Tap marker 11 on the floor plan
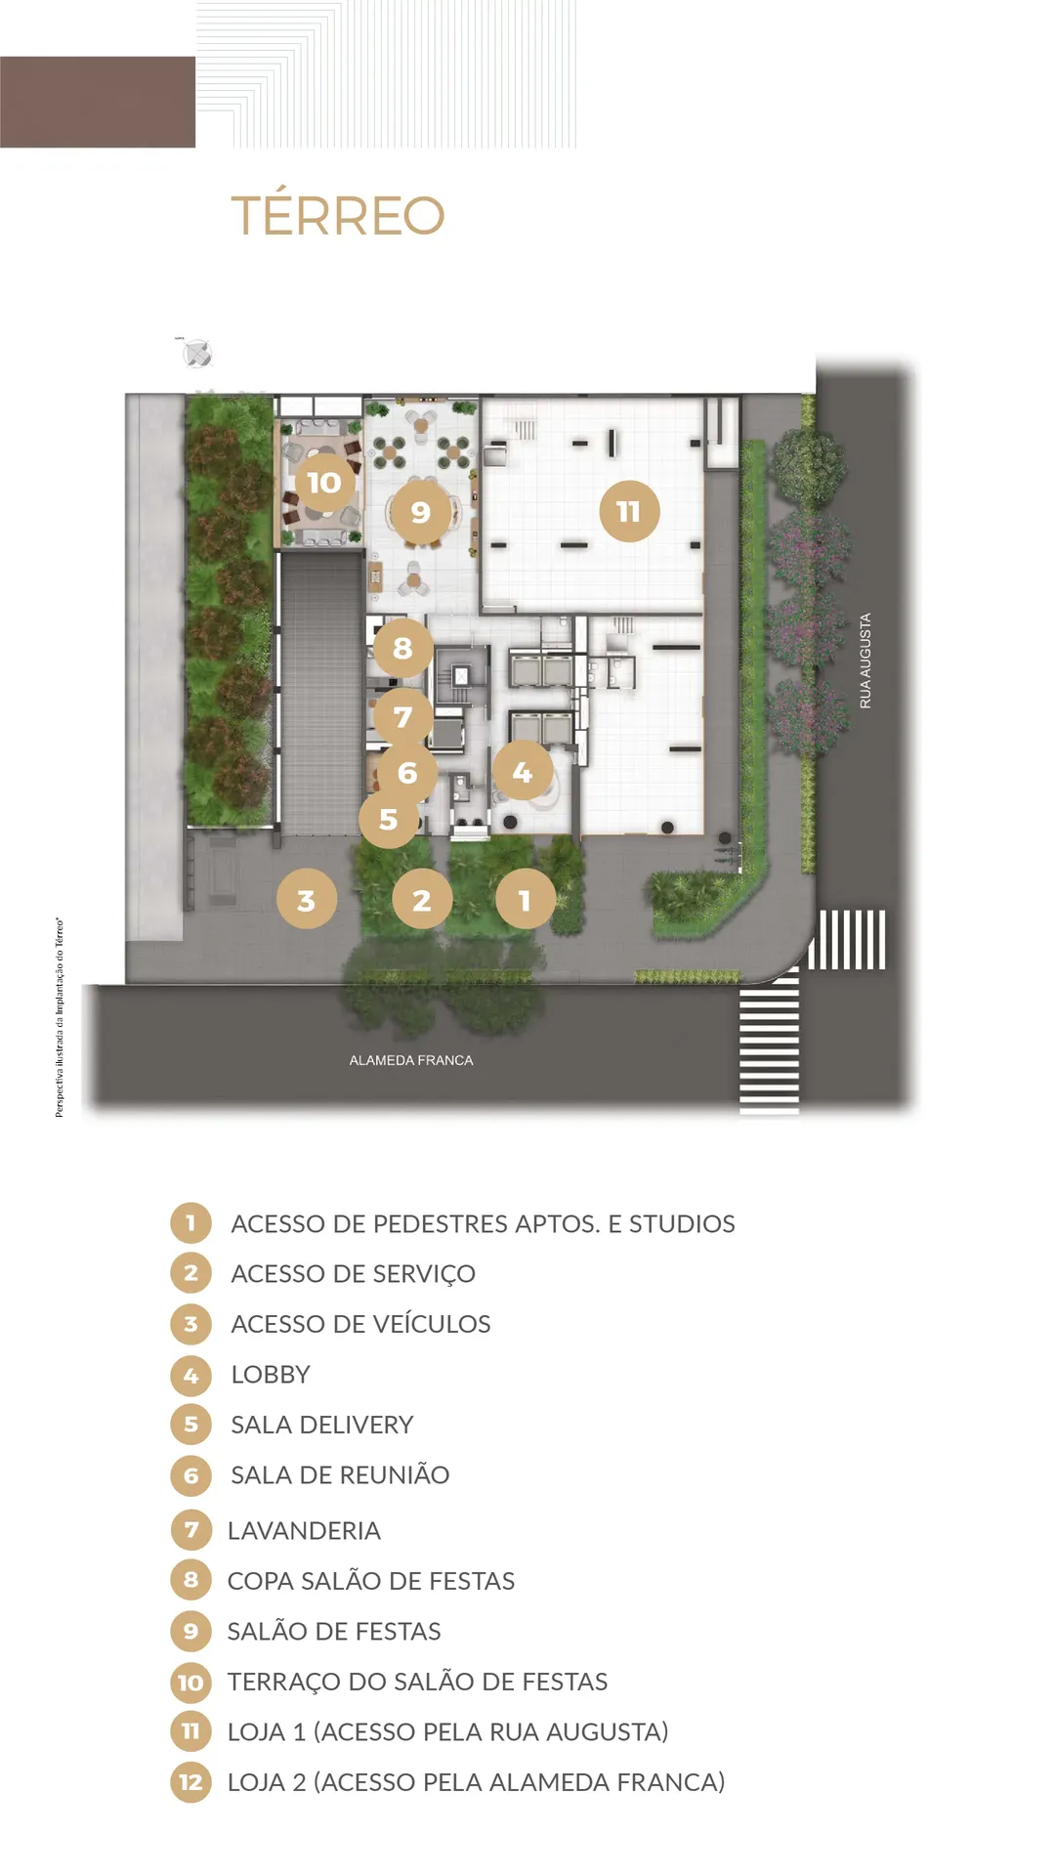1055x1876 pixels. pos(629,511)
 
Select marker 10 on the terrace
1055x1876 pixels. pos(324,482)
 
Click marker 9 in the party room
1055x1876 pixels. pos(420,511)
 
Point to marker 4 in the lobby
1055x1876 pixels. pos(522,772)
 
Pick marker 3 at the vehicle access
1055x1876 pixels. pos(307,899)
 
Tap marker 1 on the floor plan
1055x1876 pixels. pos(526,899)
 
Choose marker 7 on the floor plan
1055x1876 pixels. pos(402,717)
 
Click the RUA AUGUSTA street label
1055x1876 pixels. pos(865,661)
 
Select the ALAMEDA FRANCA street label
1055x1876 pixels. pos(411,1060)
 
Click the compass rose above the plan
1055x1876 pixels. pos(198,353)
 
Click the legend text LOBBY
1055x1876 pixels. pos(271,1375)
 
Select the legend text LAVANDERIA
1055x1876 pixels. pos(304,1530)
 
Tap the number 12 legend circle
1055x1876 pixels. pos(190,1782)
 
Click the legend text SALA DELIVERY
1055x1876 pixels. pos(322,1425)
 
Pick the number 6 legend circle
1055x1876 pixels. pos(190,1475)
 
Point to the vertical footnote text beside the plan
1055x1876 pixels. pos(60,1017)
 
